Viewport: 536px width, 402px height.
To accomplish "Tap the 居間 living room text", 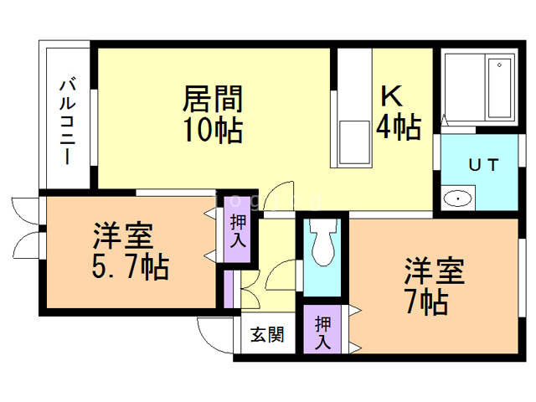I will [213, 100].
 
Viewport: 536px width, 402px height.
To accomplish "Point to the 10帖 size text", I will [213, 130].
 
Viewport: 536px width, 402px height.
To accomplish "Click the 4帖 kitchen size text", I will [398, 127].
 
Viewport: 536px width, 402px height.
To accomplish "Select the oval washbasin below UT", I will [458, 198].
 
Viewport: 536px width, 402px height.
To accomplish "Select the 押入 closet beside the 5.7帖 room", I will [238, 230].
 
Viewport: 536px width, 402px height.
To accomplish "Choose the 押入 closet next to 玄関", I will [323, 332].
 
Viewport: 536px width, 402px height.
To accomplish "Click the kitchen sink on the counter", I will [353, 143].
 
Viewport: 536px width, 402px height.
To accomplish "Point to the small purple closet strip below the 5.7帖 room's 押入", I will [228, 290].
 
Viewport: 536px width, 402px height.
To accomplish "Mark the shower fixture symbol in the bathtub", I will [500, 64].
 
